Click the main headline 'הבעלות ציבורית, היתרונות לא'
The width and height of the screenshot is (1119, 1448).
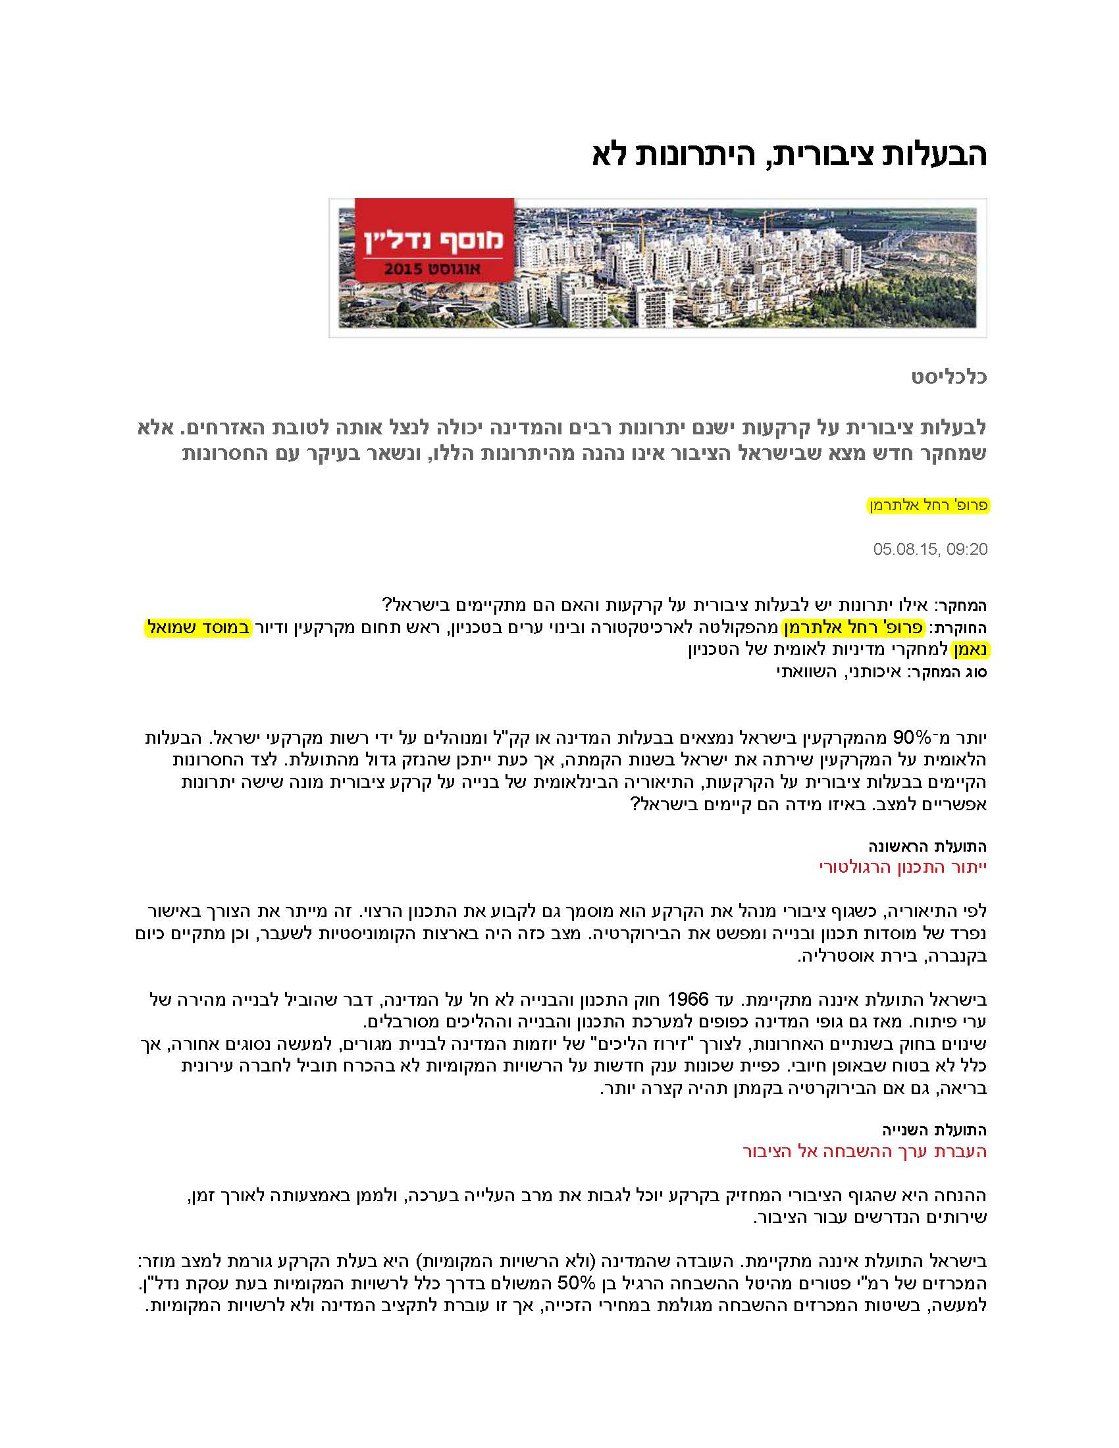point(788,155)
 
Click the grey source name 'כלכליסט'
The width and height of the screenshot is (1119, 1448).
point(949,378)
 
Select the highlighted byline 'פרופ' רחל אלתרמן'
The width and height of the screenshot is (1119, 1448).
point(929,505)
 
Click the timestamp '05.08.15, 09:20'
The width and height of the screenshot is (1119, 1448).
point(930,549)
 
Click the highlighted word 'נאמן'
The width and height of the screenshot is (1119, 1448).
point(970,650)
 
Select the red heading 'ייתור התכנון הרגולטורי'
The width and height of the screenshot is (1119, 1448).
point(904,867)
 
